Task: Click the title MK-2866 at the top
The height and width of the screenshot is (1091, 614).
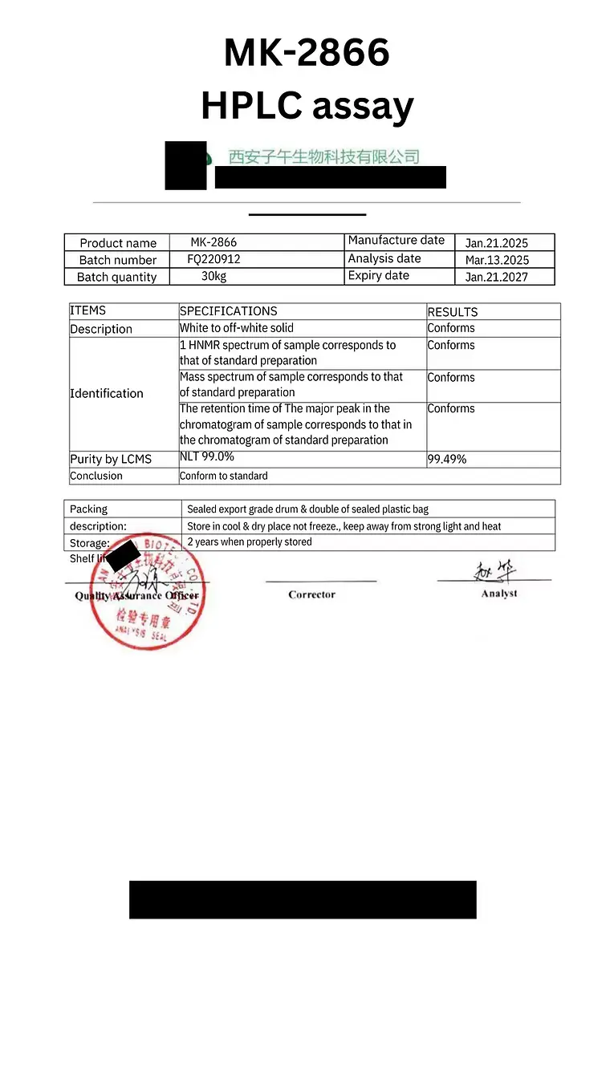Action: click(307, 53)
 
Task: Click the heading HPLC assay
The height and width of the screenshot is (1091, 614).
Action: click(307, 105)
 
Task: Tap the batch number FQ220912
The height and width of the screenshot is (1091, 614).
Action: click(213, 259)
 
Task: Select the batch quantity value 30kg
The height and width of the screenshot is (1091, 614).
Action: click(213, 276)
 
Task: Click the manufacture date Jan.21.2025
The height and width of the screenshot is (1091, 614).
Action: click(497, 243)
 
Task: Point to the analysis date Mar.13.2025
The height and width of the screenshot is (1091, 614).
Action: click(497, 260)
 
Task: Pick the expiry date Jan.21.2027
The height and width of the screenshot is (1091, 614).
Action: click(497, 277)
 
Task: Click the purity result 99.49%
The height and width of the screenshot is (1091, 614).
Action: click(447, 459)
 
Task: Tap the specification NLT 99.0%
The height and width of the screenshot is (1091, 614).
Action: click(207, 456)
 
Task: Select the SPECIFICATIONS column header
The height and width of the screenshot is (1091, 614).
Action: click(229, 311)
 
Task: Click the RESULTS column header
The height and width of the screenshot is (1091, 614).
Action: click(453, 312)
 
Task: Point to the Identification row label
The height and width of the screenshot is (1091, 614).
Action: click(107, 393)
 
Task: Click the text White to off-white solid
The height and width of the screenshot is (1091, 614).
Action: click(237, 327)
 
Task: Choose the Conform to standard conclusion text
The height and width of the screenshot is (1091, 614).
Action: click(224, 476)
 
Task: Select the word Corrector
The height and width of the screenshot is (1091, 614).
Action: click(312, 594)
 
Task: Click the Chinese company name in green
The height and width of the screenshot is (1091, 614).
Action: click(324, 156)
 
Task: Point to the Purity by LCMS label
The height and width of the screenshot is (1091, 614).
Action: click(111, 459)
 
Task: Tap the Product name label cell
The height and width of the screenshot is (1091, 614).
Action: click(118, 243)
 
